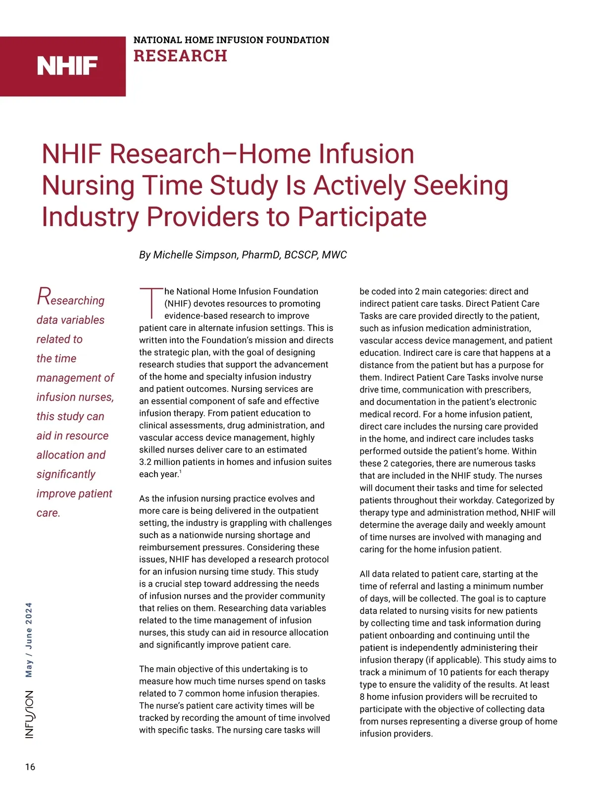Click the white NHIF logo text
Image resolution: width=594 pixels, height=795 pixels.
pos(67,66)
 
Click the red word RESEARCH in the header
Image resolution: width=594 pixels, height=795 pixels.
pos(180,56)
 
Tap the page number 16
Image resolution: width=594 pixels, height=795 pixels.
pos(30,767)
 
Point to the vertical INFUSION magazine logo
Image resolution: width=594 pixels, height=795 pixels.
pos(30,714)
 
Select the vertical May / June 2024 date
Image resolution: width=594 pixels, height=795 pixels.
pos(29,640)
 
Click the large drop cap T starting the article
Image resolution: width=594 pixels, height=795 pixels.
pos(150,302)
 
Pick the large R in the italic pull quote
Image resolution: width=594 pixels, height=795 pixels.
pos(44,297)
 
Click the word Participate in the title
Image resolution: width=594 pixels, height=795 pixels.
pos(362,217)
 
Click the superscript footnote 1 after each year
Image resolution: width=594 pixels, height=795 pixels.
pos(180,472)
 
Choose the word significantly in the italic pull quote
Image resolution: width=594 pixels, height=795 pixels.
pos(66,474)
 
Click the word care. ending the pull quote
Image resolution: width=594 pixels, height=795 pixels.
pos(49,513)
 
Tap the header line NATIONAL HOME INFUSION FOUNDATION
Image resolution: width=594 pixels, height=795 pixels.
pos(231,40)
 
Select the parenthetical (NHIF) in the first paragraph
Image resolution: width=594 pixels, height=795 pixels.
pos(178,303)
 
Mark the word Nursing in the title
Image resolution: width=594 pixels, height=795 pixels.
pos(88,186)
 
